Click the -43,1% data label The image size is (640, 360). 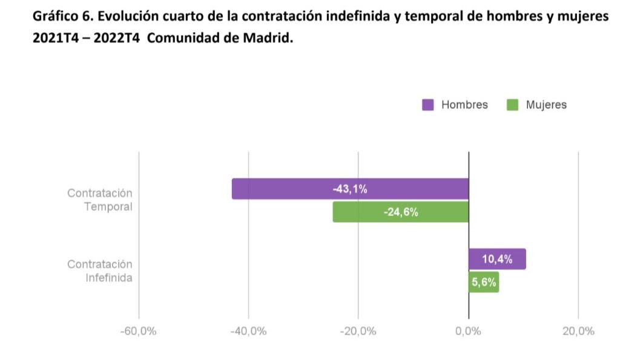click(350, 189)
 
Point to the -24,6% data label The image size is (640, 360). click(401, 212)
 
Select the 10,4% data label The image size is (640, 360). click(497, 259)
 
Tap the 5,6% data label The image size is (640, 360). click(484, 282)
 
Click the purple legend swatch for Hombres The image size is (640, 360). click(427, 105)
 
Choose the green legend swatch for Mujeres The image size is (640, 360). click(512, 105)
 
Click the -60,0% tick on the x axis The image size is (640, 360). click(139, 331)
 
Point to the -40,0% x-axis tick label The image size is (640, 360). click(249, 331)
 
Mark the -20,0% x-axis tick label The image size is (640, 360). click(358, 331)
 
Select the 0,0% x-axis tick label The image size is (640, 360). click(469, 331)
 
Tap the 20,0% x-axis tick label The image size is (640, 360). click(578, 331)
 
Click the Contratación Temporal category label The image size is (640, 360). click(100, 200)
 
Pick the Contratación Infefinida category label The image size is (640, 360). click(100, 271)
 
